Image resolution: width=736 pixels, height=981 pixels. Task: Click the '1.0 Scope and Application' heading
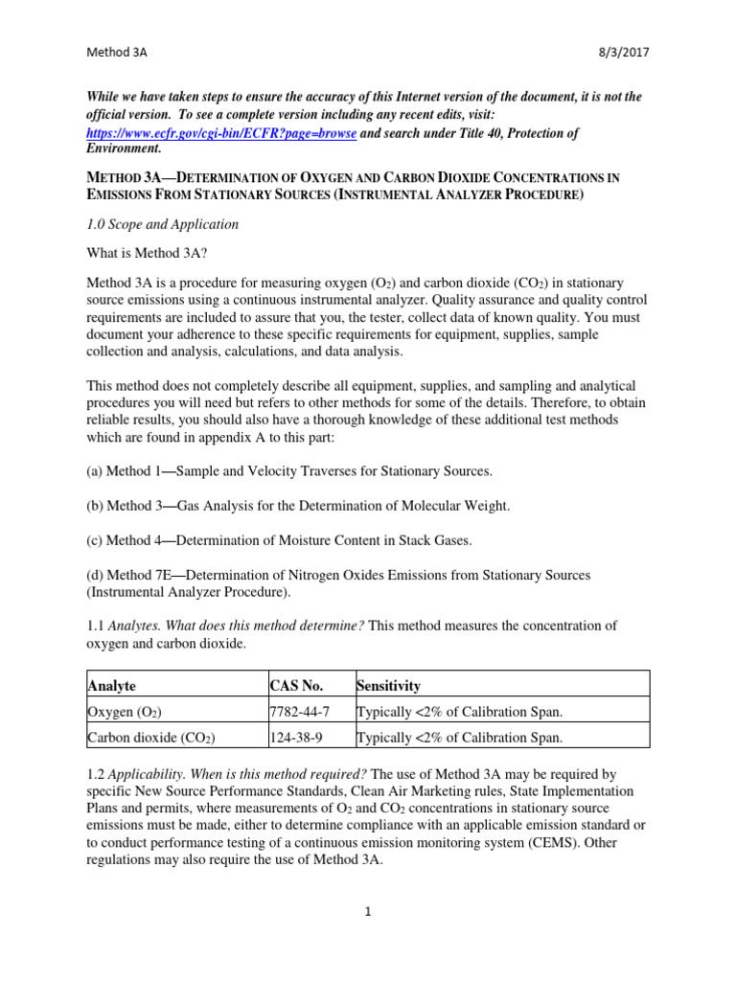point(163,224)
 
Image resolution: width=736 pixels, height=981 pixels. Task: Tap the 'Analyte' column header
point(112,686)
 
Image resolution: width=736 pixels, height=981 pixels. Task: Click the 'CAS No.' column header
point(297,686)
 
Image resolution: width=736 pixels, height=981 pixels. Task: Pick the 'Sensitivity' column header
point(388,686)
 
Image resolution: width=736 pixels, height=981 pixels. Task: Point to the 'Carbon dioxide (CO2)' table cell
point(150,738)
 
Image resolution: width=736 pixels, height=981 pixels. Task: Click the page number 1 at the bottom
point(368,911)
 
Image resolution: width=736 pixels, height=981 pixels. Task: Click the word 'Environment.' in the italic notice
point(125,148)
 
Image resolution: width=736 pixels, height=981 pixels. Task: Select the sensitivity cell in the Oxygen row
point(459,712)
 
